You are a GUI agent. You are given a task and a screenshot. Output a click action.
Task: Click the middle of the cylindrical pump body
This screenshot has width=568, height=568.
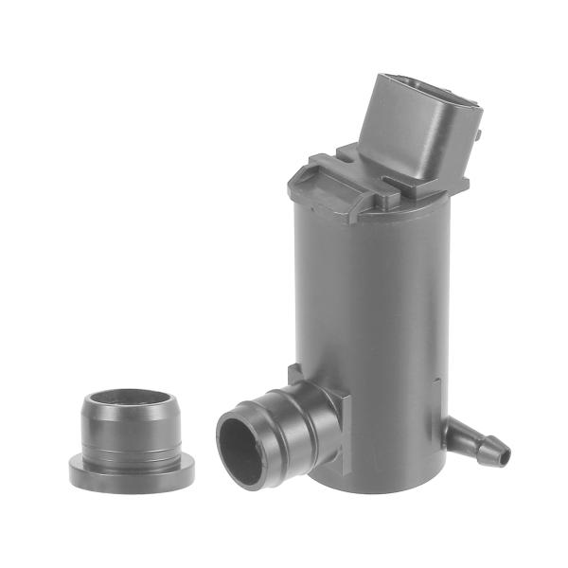click(x=369, y=303)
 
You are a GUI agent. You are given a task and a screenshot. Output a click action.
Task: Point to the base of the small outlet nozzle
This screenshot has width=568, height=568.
click(x=454, y=431)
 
